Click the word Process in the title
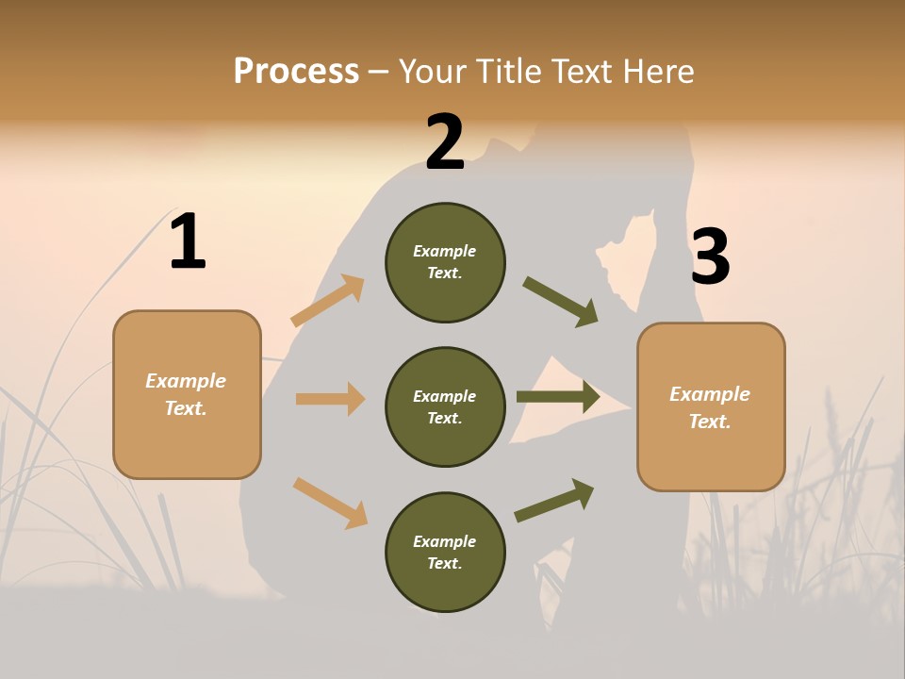[296, 72]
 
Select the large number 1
[188, 241]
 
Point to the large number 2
[445, 142]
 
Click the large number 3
[710, 257]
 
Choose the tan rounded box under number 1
[187, 394]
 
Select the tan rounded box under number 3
[711, 407]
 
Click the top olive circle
[445, 262]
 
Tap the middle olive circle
[445, 406]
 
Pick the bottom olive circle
[445, 552]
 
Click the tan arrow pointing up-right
[327, 301]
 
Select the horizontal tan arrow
[330, 399]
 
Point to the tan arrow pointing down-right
[330, 503]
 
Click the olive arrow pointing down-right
[561, 302]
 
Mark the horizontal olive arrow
[558, 397]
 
